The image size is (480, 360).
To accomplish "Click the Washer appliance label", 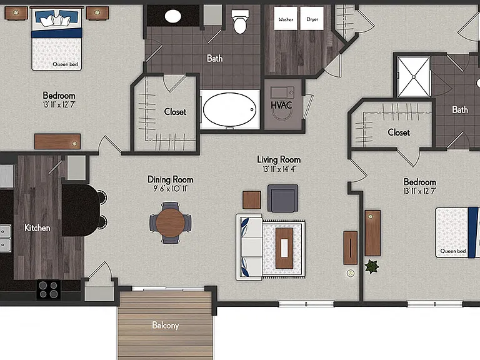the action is [286, 19].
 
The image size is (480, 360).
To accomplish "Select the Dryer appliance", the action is [312, 18].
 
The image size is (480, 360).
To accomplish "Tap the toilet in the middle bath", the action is [240, 21].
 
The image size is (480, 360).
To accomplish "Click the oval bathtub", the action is [229, 109].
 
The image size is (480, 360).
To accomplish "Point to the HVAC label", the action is [281, 105].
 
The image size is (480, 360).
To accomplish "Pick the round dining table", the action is [170, 223].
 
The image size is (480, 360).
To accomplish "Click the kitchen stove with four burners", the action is [48, 289].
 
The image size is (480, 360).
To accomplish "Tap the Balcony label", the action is [165, 325].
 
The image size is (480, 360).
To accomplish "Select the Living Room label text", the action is [279, 159].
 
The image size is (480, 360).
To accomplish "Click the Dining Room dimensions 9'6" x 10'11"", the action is [170, 188].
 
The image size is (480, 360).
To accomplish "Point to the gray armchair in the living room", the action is [282, 198].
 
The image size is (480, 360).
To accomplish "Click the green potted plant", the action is [372, 266].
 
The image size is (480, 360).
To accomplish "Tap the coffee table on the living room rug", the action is [284, 248].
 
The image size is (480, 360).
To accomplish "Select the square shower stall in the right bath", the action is [413, 76].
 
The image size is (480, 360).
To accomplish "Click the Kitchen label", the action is [37, 227].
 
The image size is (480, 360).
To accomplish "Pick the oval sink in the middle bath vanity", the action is [173, 16].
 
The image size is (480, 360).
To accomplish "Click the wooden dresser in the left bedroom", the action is [57, 141].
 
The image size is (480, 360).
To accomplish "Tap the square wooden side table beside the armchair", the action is [252, 200].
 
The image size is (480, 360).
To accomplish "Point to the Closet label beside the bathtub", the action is [175, 112].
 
